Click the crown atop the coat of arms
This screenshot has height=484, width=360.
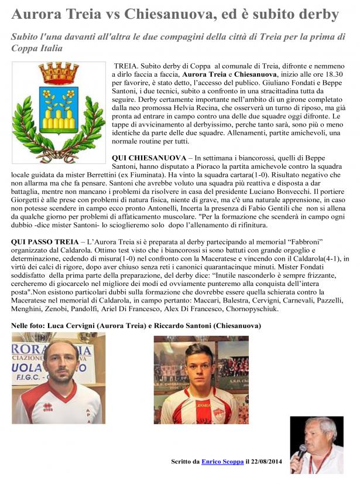point(59,74)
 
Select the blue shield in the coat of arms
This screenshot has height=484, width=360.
point(59,108)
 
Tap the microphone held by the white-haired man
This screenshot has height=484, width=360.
point(303,451)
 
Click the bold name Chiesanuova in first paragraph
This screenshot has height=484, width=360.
point(256,76)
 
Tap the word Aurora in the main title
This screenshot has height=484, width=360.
point(37,14)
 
